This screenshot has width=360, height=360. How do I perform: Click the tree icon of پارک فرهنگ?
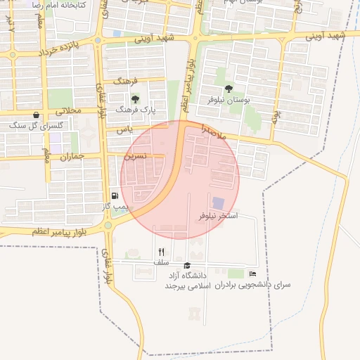point(135,98)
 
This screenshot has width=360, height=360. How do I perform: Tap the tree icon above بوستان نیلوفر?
point(229,89)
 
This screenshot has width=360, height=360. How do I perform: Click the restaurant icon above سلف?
point(161,252)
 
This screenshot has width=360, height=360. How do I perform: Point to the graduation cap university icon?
point(187,265)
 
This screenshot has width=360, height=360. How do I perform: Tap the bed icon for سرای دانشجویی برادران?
point(253,274)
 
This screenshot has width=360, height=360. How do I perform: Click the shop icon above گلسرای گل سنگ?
point(36,115)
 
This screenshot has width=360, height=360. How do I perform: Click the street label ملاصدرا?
point(212,131)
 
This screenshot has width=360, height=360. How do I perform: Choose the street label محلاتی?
point(68,110)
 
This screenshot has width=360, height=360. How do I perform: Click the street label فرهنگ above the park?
point(129,81)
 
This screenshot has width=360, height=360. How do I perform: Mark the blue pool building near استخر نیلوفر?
point(219,203)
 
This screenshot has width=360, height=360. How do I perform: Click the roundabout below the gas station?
point(108,225)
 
